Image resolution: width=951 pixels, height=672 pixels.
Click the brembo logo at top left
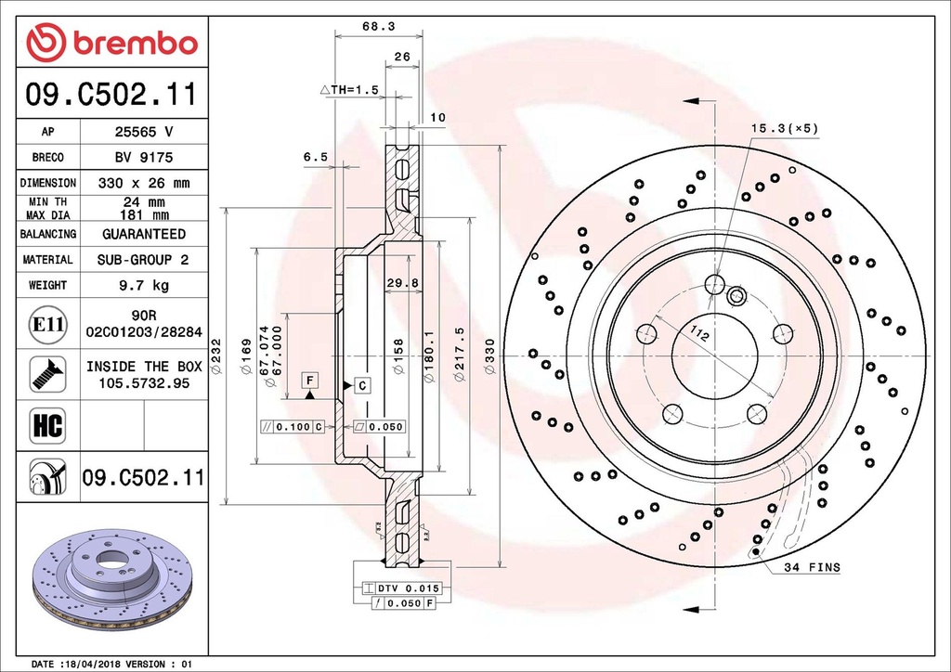tap(112, 43)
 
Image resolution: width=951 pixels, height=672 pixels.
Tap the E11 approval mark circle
tap(47, 324)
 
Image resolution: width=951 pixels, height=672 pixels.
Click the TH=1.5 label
tap(349, 90)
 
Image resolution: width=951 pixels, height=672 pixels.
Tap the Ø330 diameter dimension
tap(490, 357)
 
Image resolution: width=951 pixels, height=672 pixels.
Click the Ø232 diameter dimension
tap(216, 357)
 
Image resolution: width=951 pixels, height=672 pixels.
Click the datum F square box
tap(309, 380)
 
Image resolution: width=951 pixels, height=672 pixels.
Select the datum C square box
tap(362, 384)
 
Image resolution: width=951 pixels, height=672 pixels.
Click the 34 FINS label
tap(811, 567)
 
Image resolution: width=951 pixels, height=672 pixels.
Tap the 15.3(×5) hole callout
tap(785, 128)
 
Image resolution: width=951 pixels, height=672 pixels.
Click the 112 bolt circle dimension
tap(698, 333)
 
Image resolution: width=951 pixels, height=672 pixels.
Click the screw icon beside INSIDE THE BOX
tap(47, 374)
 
